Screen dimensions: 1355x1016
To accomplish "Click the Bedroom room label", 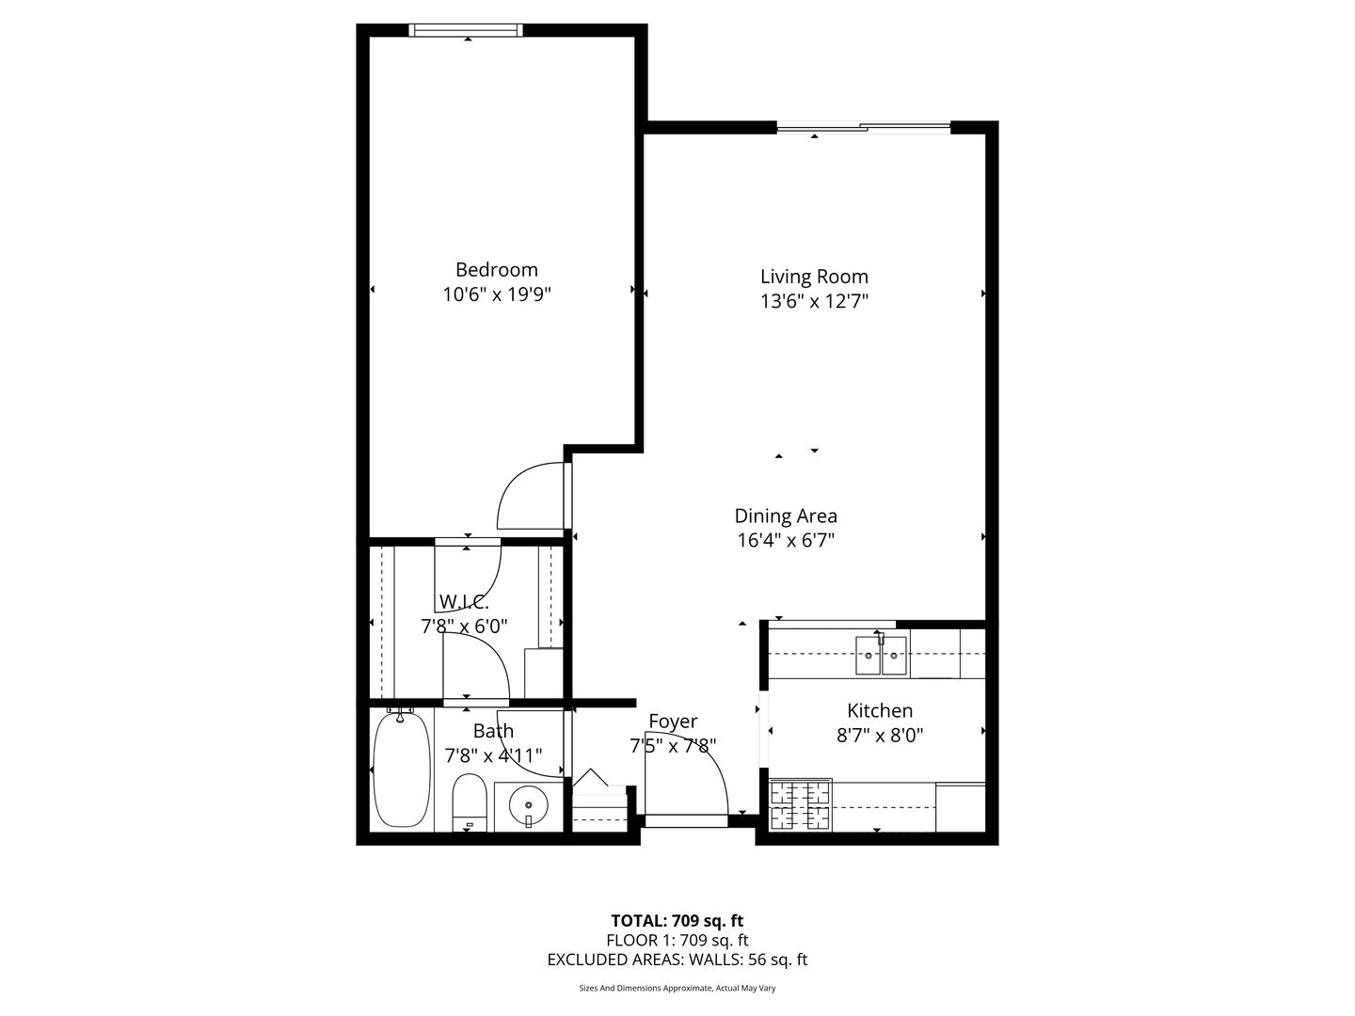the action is [x=496, y=270].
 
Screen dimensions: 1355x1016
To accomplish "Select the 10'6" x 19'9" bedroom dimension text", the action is [x=496, y=294].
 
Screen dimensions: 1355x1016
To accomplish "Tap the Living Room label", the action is [x=814, y=277].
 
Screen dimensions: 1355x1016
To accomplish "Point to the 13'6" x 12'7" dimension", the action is [x=814, y=302].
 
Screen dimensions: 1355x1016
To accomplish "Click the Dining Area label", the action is [x=785, y=516].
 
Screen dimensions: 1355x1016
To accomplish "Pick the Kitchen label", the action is [x=880, y=710].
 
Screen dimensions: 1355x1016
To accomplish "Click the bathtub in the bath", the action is [x=402, y=770].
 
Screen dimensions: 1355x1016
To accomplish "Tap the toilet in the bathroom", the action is [x=470, y=802].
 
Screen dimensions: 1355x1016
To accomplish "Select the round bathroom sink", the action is [x=529, y=805].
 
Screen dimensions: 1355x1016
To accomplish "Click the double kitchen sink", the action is [x=881, y=655].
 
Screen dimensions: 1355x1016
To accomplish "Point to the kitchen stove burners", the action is [x=800, y=805].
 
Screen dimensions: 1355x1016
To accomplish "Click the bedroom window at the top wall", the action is [x=466, y=30].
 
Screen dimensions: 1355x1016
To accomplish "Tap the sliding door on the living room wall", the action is [x=863, y=128].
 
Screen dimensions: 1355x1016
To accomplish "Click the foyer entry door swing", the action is [x=709, y=774].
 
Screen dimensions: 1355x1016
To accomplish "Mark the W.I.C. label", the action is [x=464, y=601].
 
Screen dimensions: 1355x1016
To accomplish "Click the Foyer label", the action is [x=673, y=722].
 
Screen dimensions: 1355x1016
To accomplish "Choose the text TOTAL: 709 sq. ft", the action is [x=677, y=921].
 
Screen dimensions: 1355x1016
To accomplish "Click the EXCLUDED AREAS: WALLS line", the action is [x=677, y=960].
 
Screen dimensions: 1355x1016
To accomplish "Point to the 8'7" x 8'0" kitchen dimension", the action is [x=880, y=736].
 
